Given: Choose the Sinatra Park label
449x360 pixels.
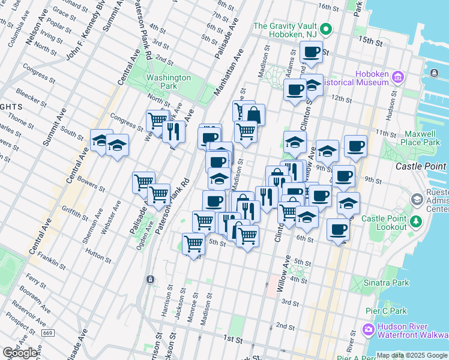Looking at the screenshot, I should [388, 282].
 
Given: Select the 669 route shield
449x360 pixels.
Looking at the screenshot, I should [48, 333].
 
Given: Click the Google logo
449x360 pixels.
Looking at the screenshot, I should [20, 353].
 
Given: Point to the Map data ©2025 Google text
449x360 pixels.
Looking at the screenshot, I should [412, 355].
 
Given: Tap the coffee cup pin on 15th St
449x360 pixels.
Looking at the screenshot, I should [311, 52].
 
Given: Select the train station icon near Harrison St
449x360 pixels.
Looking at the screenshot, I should [149, 280].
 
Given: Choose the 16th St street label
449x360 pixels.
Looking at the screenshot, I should [329, 7].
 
